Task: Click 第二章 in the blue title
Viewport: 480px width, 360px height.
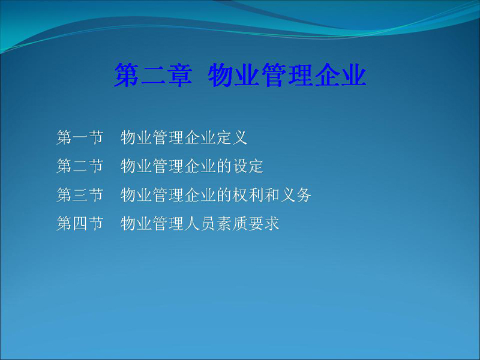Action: pos(154,75)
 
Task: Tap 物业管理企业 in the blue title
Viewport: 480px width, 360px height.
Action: pos(287,75)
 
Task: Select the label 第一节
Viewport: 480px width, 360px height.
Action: pos(80,137)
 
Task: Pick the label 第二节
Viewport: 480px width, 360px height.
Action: pos(80,166)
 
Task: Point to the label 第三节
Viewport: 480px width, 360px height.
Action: pos(80,194)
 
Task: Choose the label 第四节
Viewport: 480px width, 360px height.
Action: pos(80,223)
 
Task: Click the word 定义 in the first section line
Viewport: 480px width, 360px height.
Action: pos(232,137)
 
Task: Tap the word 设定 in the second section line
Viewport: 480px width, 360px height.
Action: pos(248,166)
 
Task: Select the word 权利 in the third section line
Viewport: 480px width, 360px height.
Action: pos(248,194)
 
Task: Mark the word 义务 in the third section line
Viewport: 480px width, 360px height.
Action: pos(296,194)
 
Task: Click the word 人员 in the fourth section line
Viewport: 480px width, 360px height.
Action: pos(200,223)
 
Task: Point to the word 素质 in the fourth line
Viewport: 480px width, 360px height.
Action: pos(232,223)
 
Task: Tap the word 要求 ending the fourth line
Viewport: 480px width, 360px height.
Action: pos(263,223)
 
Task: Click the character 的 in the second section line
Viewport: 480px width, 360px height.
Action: pos(224,166)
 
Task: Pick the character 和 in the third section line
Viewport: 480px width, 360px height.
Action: pos(272,194)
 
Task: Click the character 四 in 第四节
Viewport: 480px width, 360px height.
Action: pos(80,223)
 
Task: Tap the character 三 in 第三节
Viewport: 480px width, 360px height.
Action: pos(80,194)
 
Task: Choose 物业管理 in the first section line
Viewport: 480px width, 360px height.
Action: pos(152,137)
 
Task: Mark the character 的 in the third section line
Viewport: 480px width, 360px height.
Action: pos(224,194)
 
